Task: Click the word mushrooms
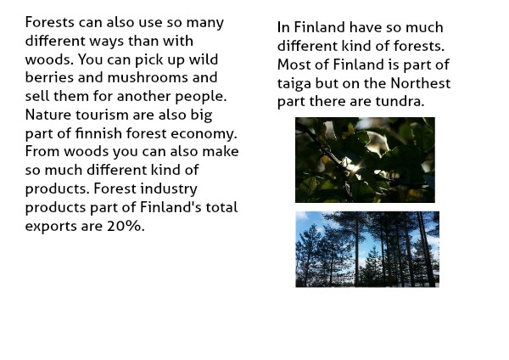pos(148,77)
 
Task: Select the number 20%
pos(126,226)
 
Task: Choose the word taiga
pos(294,84)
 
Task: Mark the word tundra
pos(400,101)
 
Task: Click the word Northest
pos(421,83)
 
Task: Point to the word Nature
pos(48,115)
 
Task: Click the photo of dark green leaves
pos(365,160)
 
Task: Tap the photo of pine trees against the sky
pos(367,250)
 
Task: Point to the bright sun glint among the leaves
pos(353,167)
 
